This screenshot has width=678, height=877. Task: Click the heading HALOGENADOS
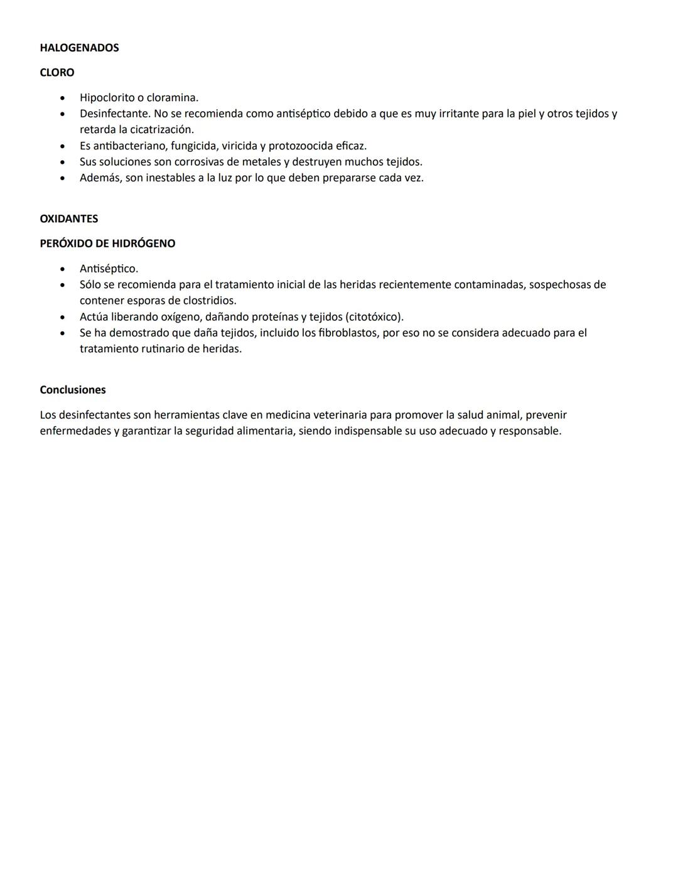[x=79, y=48]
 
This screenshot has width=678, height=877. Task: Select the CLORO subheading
[x=57, y=73]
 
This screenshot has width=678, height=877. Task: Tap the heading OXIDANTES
[x=69, y=219]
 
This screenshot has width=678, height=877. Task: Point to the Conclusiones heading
[x=73, y=390]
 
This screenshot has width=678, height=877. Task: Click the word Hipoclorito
[x=107, y=98]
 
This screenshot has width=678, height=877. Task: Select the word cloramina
[x=172, y=98]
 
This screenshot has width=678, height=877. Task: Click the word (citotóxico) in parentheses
[x=375, y=317]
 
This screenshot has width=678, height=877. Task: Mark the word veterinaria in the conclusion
[x=340, y=415]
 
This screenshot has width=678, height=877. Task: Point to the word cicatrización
[x=162, y=130]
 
